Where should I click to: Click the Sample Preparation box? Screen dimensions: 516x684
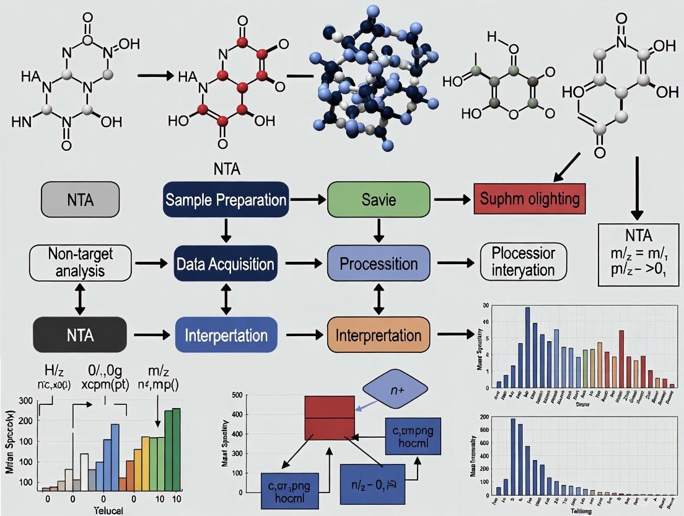point(226,200)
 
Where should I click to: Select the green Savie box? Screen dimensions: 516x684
point(378,200)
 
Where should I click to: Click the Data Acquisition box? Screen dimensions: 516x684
point(226,264)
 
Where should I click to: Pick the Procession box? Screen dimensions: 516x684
point(378,264)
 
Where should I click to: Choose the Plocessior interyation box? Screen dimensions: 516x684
point(524,262)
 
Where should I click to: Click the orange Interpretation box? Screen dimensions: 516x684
point(378,335)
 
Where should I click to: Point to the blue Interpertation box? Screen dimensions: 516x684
point(226,335)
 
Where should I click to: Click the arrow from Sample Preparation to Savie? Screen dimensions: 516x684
point(308,200)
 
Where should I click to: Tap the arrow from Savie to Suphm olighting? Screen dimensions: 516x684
point(453,200)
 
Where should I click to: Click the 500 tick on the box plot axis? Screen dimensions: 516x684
point(237,395)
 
